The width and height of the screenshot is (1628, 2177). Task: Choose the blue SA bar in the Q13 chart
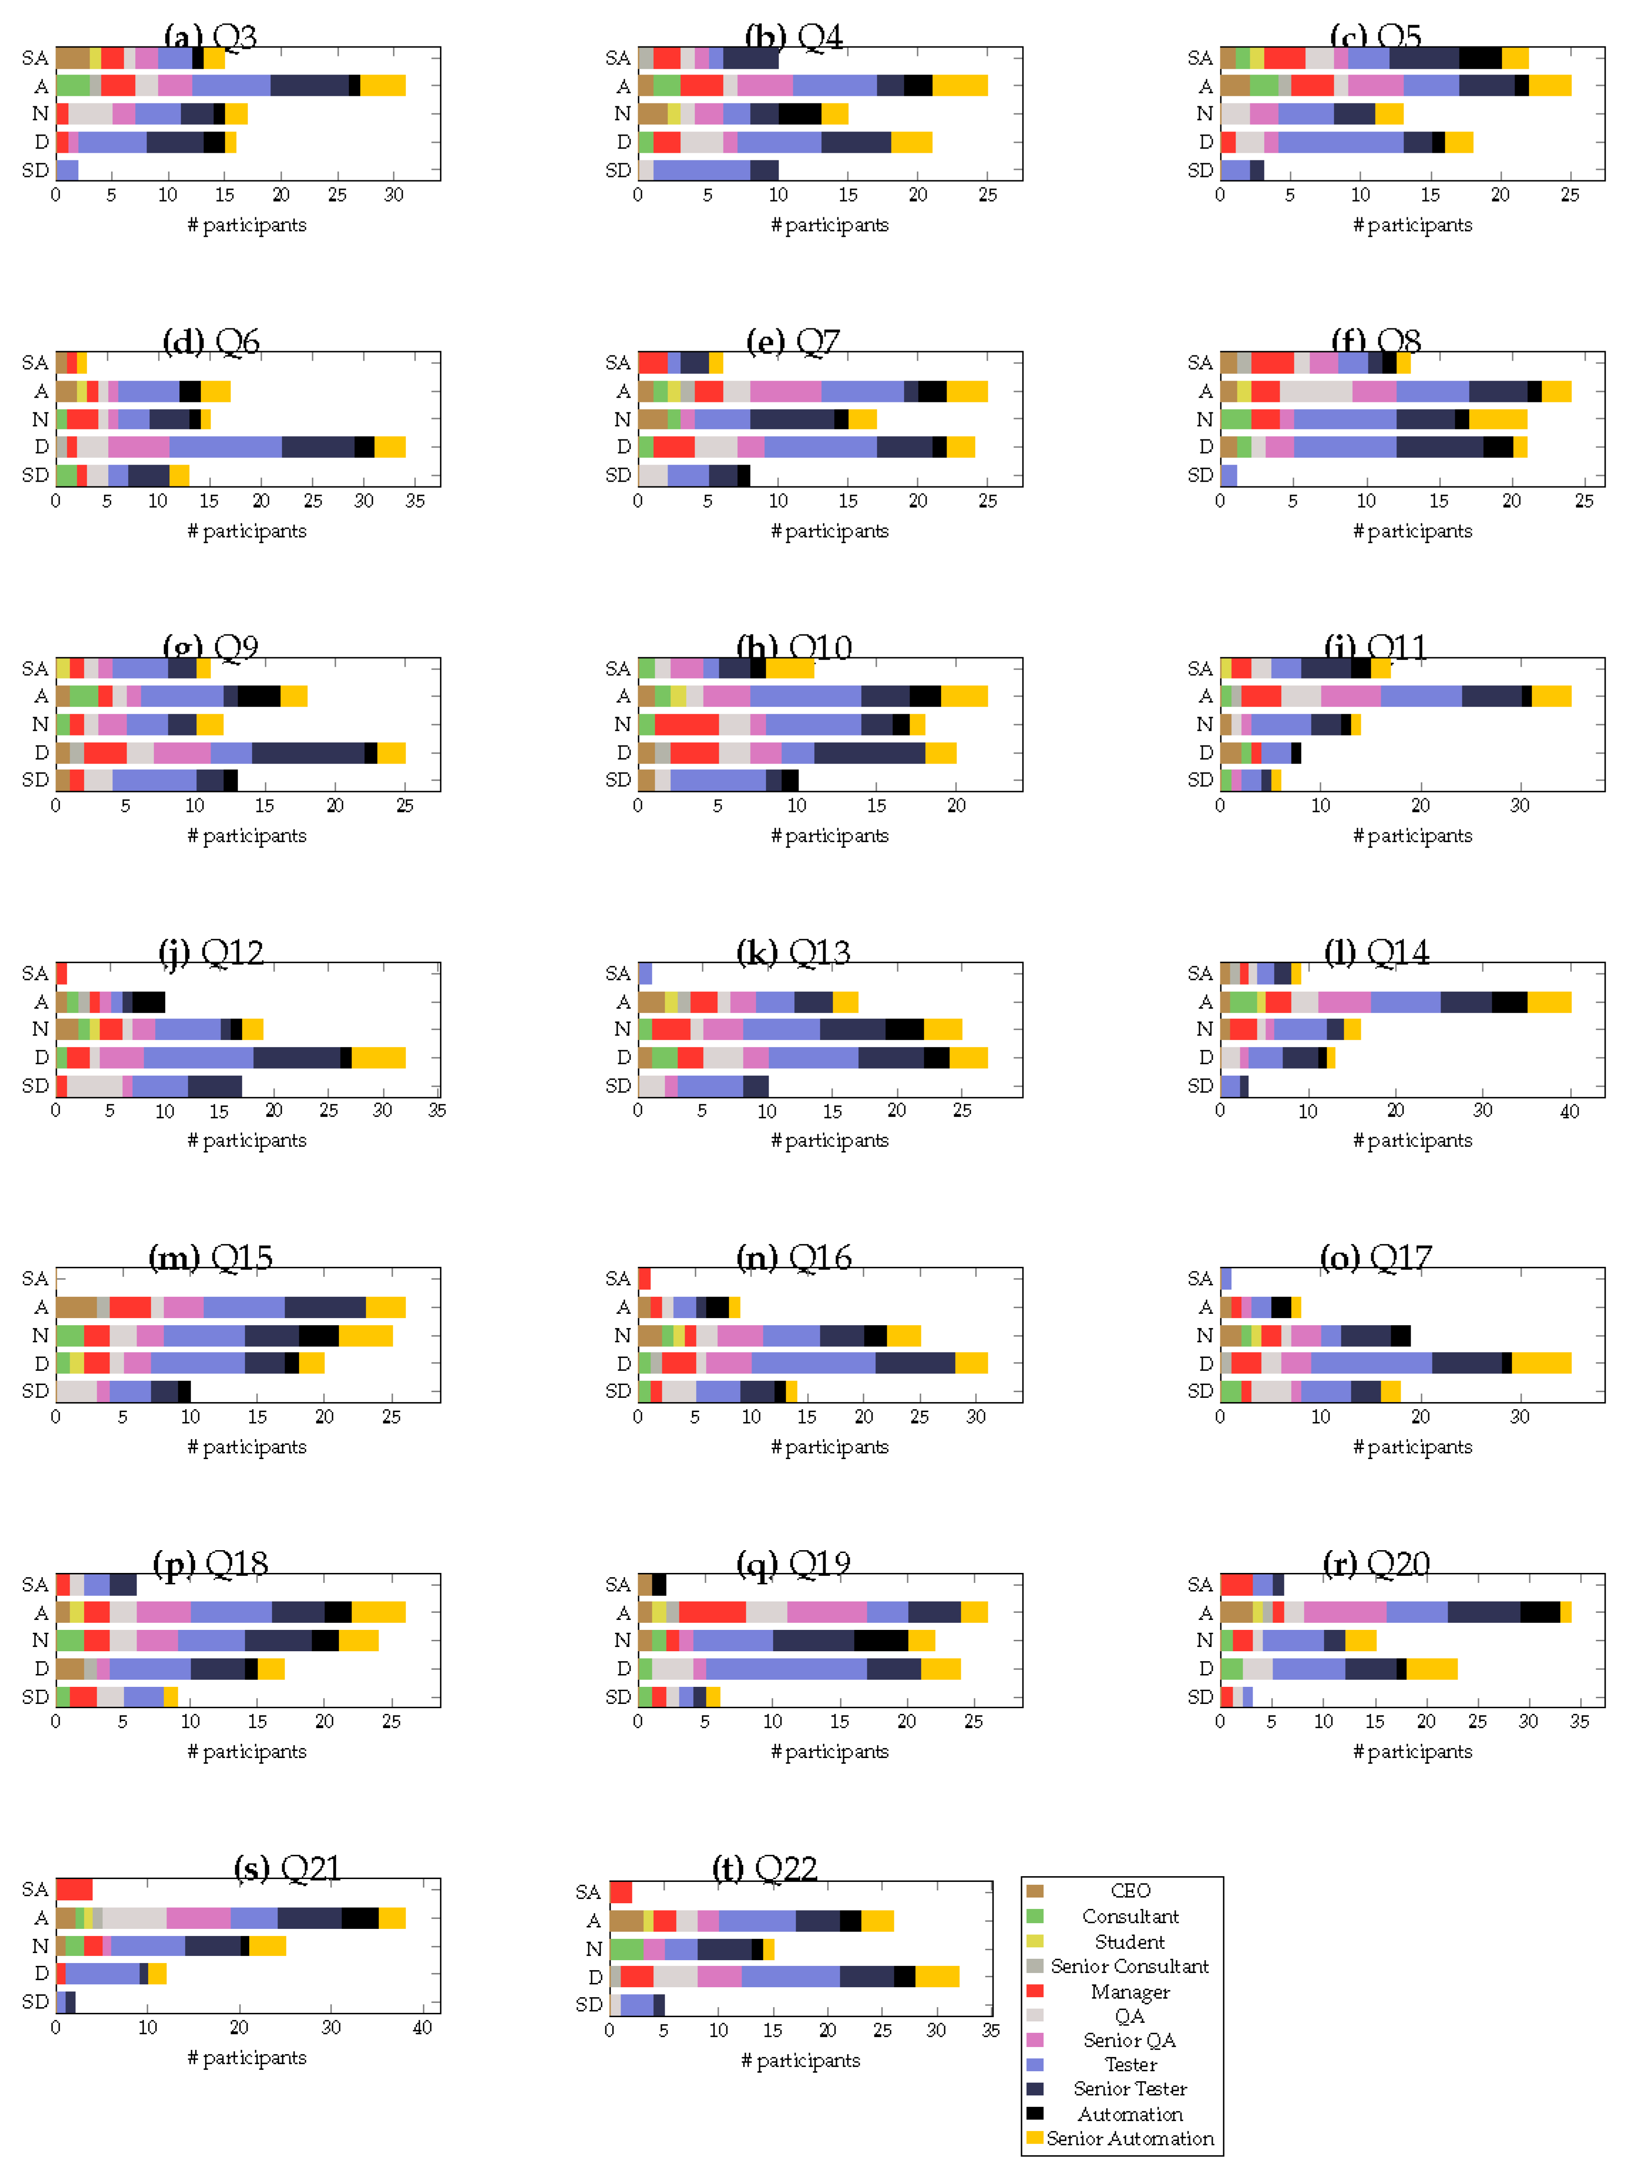(x=645, y=973)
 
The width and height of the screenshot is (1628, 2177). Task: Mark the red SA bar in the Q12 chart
(x=61, y=973)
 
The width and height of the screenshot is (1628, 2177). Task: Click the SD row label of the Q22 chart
(x=588, y=2004)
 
